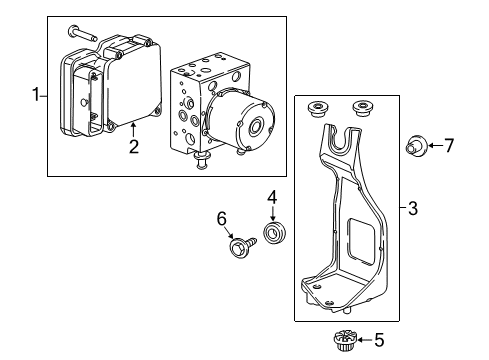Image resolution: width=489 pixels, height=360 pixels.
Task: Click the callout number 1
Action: tap(37, 95)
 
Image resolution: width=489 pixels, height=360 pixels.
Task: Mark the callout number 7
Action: tap(448, 145)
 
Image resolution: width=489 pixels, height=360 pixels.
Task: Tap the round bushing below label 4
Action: tap(271, 236)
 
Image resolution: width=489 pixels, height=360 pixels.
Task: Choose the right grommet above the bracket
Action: tap(361, 107)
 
